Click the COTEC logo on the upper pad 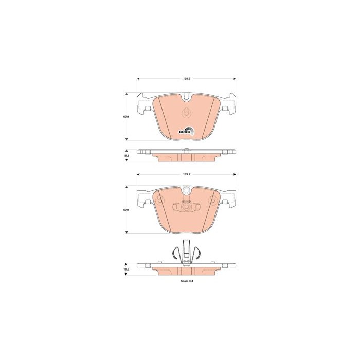coord(186,131)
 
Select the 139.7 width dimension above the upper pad coord(186,79)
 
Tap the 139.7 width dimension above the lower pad coord(186,174)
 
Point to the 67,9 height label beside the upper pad coord(126,117)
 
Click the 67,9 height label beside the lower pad coord(126,210)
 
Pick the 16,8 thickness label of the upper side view coord(127,155)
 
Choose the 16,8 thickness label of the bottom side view coord(127,269)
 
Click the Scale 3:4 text coord(187,281)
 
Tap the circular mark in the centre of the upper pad coord(186,113)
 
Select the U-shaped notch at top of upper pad coord(186,97)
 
